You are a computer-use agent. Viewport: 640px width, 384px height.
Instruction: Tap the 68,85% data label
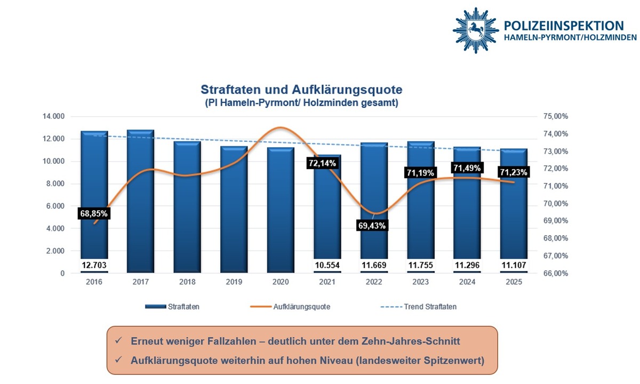coord(94,213)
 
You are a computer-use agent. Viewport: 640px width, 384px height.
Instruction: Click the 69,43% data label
coord(371,226)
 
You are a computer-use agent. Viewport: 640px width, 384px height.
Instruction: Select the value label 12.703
coord(94,265)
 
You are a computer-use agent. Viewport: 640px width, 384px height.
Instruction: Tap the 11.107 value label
coord(514,265)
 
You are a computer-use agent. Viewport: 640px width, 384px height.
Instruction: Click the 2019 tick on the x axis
coord(234,282)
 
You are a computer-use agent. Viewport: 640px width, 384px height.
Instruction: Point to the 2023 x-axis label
coord(421,282)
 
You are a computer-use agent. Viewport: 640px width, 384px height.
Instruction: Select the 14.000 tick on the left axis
coord(53,116)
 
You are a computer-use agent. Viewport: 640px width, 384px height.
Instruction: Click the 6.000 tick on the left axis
coord(55,206)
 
